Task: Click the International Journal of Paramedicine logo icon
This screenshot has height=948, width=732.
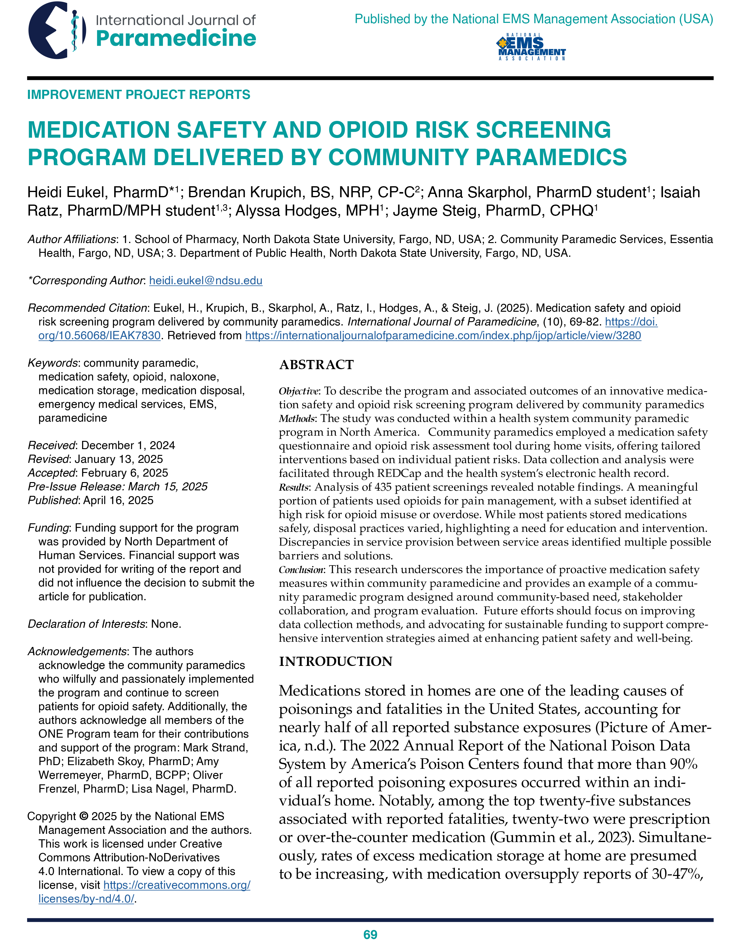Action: [x=56, y=31]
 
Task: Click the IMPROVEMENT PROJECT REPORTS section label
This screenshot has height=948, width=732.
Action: [x=139, y=95]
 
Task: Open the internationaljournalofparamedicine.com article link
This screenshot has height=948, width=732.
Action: [x=442, y=336]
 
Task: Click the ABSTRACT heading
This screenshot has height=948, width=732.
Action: [x=316, y=365]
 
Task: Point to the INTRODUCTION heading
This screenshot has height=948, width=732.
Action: [x=335, y=661]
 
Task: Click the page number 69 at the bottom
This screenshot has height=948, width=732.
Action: [x=370, y=935]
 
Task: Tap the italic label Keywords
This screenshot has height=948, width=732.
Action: [x=52, y=363]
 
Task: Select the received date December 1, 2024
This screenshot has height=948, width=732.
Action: [x=128, y=445]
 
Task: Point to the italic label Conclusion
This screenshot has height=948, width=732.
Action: [x=301, y=569]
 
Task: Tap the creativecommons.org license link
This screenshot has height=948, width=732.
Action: [x=177, y=885]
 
